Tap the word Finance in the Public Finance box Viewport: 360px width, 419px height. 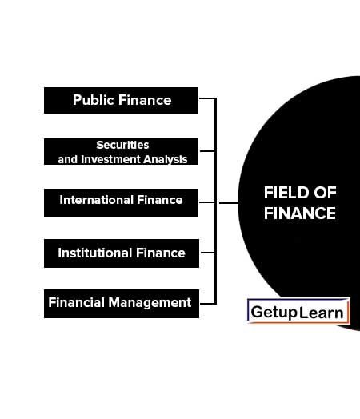[x=145, y=100]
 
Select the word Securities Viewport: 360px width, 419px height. [x=122, y=145]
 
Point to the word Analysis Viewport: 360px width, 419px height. [x=165, y=160]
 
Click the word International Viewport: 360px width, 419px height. [x=97, y=200]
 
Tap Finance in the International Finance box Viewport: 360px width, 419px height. [x=159, y=200]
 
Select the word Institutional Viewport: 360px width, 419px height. [x=95, y=253]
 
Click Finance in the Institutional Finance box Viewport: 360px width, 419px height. [x=160, y=253]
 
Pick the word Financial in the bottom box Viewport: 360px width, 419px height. [x=77, y=302]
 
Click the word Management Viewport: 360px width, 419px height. [x=150, y=303]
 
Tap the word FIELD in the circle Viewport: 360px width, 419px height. [x=286, y=193]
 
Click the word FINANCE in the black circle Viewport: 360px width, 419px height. [x=299, y=213]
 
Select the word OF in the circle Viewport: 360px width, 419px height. [x=325, y=193]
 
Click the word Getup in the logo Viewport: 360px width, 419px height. [x=274, y=313]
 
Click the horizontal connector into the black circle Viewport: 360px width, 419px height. [x=229, y=203]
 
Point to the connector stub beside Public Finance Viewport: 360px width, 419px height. [x=207, y=98]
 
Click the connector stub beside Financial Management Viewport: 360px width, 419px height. [x=208, y=304]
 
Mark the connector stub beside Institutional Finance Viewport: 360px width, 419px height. [x=207, y=252]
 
